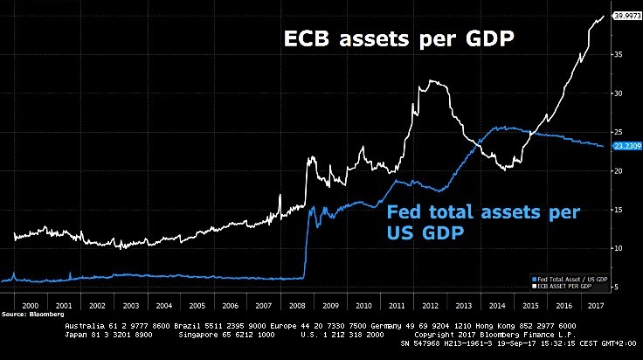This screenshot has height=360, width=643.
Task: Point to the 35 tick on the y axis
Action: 619,54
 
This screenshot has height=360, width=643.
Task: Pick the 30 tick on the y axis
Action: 619,93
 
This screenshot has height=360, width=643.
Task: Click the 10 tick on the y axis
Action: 619,248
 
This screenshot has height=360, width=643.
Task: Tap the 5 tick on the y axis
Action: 618,287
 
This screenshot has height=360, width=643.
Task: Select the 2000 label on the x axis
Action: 29,307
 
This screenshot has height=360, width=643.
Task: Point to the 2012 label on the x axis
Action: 432,307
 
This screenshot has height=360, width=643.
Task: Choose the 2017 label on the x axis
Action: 596,307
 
